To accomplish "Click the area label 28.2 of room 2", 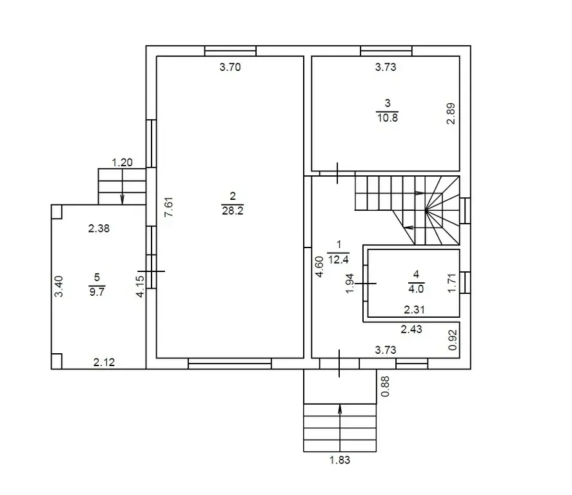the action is pos(232,211).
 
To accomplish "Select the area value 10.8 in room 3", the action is pos(388,118).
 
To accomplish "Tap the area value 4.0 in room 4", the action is pos(416,289).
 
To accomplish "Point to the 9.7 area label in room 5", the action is pos(97,291).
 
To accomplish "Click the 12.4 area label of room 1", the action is pos(338,260).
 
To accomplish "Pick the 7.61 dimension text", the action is pos(168,207).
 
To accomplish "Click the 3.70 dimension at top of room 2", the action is pos(230,67).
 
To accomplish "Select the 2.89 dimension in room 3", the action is pos(451,113).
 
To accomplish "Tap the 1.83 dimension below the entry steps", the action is pos(340,460).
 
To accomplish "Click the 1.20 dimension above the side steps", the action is pos(122,162).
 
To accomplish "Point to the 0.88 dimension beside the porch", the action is pos(385,386).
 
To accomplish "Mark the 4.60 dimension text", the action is pos(319,267).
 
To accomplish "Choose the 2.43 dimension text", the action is pos(411,329).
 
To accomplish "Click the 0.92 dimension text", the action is pos(452,340).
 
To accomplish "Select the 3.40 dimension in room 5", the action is pos(59,287).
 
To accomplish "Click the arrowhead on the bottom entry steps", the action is pos(340,409).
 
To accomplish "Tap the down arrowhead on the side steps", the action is pos(123,199).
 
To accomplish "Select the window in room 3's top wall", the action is pos(386,51).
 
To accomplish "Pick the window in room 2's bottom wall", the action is pos(230,364).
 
